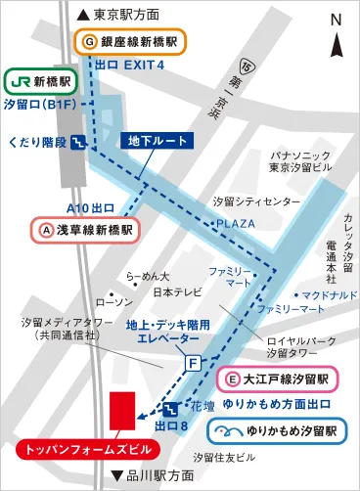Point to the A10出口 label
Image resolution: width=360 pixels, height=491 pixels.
pyautogui.click(x=89, y=207)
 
